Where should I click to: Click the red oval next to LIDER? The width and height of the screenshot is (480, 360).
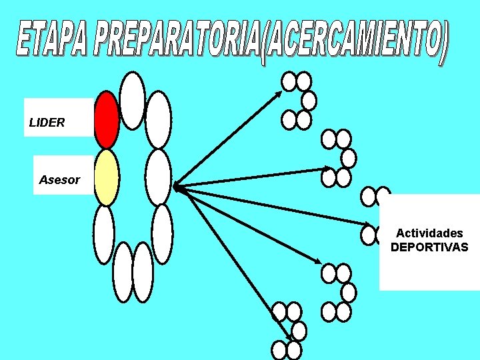107,119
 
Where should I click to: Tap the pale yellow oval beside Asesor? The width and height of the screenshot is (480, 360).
107,177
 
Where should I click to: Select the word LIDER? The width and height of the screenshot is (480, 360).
47,123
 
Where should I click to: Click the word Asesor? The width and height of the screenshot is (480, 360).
59,180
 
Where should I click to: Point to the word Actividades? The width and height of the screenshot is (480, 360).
429,233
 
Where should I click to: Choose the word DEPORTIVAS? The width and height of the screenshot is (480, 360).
429,247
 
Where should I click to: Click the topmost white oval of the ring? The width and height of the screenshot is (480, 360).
133,100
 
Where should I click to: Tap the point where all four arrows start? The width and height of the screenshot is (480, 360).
175,187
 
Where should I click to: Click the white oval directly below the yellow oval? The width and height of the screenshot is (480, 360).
104,233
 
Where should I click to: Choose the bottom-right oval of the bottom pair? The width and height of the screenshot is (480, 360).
143,271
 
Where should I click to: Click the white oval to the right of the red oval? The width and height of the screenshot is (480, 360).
158,120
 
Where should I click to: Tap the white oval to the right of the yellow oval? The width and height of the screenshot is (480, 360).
158,177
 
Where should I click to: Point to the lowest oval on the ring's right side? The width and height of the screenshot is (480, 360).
162,233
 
